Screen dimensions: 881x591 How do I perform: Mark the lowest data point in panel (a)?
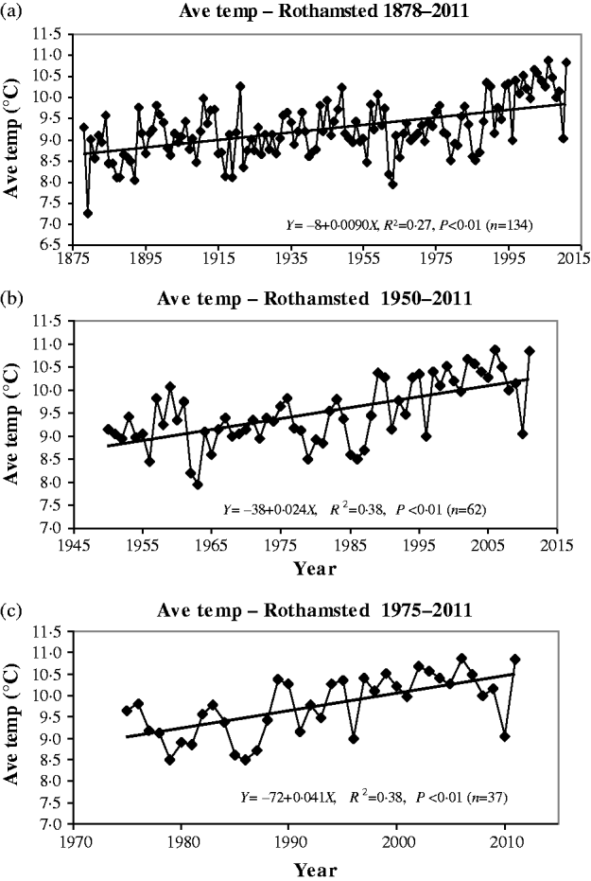point(88,213)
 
